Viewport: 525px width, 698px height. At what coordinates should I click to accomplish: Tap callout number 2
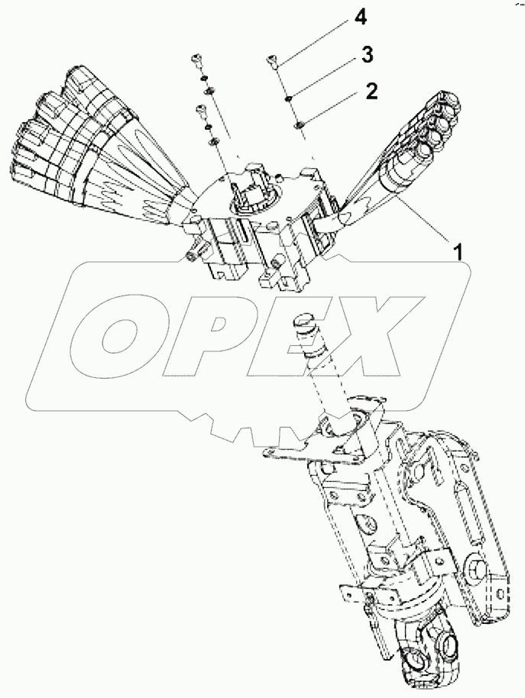pyautogui.click(x=371, y=92)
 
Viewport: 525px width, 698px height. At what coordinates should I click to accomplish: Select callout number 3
pyautogui.click(x=367, y=56)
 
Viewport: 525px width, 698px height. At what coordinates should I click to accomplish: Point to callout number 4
pyautogui.click(x=360, y=18)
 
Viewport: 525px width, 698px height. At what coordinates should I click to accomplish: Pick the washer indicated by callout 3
pyautogui.click(x=288, y=99)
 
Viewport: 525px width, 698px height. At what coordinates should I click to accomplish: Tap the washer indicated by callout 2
pyautogui.click(x=299, y=124)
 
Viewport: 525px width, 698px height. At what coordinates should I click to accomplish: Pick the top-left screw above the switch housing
pyautogui.click(x=196, y=60)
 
